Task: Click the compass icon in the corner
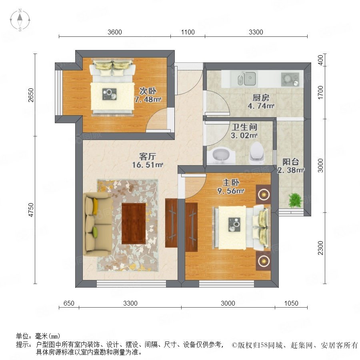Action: tap(20, 20)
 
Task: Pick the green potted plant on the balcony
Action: tap(295, 200)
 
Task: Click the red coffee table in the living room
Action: tap(134, 223)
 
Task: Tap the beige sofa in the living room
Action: tap(98, 224)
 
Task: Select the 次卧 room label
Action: tap(148, 91)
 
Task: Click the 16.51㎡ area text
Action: tap(148, 165)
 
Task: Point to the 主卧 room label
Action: tap(231, 182)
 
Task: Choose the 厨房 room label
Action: tap(261, 98)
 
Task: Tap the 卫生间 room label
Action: tap(244, 127)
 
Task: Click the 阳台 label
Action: tap(290, 162)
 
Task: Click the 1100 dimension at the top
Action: tap(188, 32)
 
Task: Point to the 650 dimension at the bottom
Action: tap(69, 303)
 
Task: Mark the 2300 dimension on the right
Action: tap(320, 248)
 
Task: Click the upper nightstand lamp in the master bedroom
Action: tap(263, 195)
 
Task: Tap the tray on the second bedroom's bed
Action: tap(109, 94)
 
